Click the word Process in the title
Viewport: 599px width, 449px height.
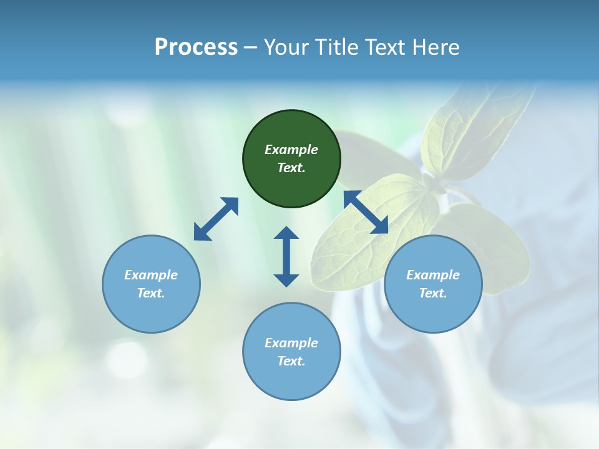click(196, 47)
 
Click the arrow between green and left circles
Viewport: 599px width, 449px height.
click(216, 219)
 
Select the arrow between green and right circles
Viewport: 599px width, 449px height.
click(366, 212)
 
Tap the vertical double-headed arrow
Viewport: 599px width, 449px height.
click(286, 256)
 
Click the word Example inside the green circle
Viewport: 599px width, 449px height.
click(291, 150)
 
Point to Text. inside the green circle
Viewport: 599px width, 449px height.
click(291, 168)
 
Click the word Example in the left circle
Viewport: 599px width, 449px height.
click(151, 275)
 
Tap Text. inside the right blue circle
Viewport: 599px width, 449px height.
click(433, 293)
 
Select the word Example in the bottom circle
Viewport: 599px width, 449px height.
click(291, 343)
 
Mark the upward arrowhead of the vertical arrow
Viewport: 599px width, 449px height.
click(286, 233)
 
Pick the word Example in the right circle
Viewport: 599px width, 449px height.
click(433, 275)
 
